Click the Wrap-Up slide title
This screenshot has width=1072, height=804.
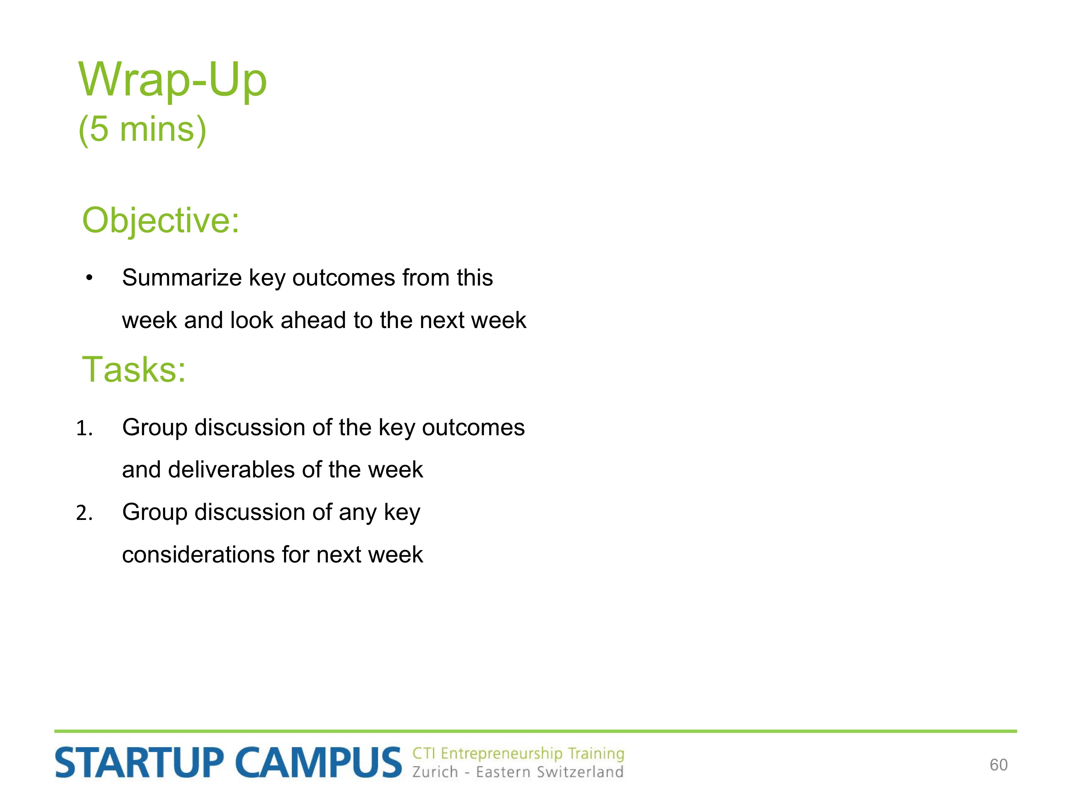[173, 80]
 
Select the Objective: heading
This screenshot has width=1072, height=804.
[161, 221]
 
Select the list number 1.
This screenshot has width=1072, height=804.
[84, 428]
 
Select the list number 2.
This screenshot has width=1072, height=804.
[84, 513]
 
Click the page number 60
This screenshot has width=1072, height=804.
[998, 765]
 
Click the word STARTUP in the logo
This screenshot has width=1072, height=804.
[139, 763]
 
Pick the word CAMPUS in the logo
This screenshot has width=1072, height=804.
[319, 763]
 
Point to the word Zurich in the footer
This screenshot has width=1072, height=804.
[435, 771]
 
